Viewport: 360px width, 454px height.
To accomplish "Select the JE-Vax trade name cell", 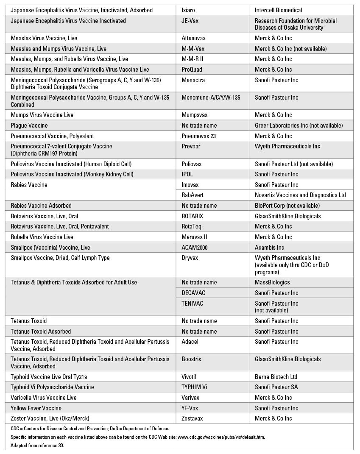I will [x=191, y=21].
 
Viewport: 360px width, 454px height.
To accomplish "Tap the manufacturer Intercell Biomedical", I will [x=279, y=10].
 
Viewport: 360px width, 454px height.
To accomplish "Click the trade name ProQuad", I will [x=192, y=70].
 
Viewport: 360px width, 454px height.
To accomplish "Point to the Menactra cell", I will [x=193, y=80].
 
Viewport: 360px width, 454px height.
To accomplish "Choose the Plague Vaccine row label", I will [x=29, y=125].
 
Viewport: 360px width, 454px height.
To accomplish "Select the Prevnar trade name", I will [x=191, y=146].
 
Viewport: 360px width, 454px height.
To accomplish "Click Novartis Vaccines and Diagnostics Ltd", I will [x=300, y=195].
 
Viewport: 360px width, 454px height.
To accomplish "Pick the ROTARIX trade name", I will [x=193, y=216].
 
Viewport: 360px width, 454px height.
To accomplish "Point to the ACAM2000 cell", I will [x=195, y=248].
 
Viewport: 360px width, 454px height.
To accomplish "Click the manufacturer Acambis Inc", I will [x=270, y=248].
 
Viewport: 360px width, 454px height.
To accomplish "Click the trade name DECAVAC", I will [x=193, y=293].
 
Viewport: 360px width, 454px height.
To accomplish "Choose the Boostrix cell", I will [x=191, y=359].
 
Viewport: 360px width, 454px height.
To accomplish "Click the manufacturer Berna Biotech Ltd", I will [x=276, y=376].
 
